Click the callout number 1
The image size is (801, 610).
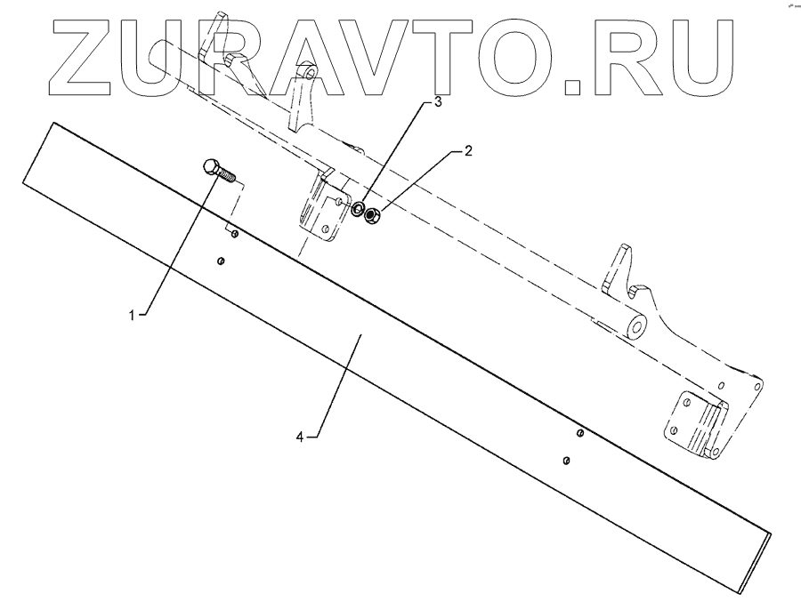pyautogui.click(x=133, y=315)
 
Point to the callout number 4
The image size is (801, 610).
pyautogui.click(x=301, y=437)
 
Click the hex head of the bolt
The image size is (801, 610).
pyautogui.click(x=212, y=166)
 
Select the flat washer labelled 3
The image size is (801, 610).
pyautogui.click(x=358, y=211)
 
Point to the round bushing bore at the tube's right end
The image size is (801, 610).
pyautogui.click(x=636, y=327)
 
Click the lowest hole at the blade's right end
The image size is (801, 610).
pyautogui.click(x=566, y=460)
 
